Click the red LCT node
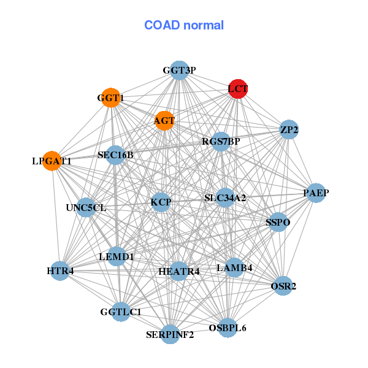pos(238,89)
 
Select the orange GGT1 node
pos(111,98)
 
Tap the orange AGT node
pos(164,120)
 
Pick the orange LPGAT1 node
pos(52,161)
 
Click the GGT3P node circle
pos(178,70)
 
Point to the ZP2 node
pos(288,129)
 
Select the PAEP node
pos(316,193)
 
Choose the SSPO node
pos(278,221)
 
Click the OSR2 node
pos(283,286)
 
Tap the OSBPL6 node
pos(227,328)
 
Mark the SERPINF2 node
pos(170,334)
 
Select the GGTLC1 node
pos(121,312)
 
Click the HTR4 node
pos(60,270)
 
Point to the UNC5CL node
pos(86,207)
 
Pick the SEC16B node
pos(116,155)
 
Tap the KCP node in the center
pos(161,202)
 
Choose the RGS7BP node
pos(221,142)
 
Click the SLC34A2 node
pos(225,197)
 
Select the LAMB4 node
pos(234,267)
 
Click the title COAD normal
pos(184,25)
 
